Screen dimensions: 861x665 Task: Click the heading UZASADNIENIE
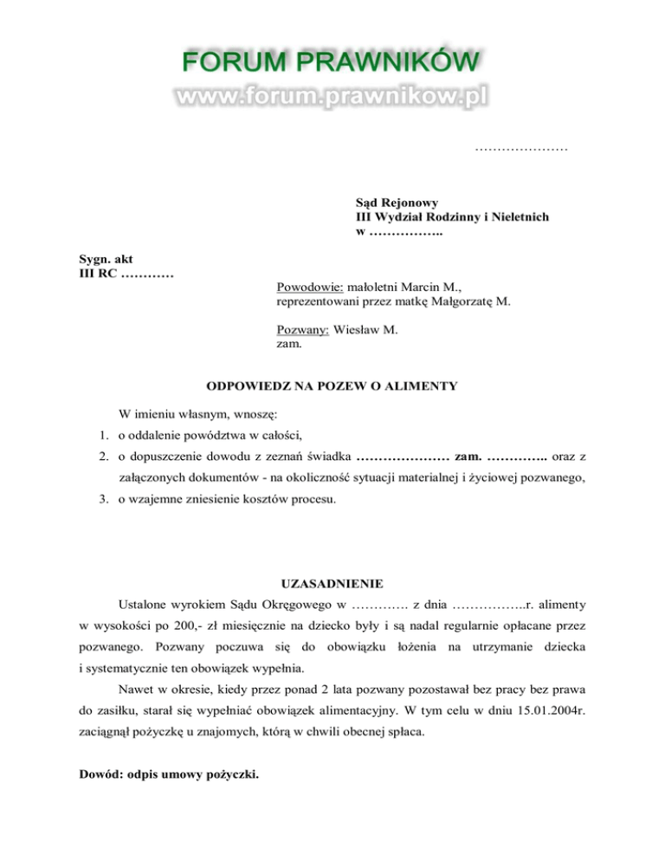(332, 582)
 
